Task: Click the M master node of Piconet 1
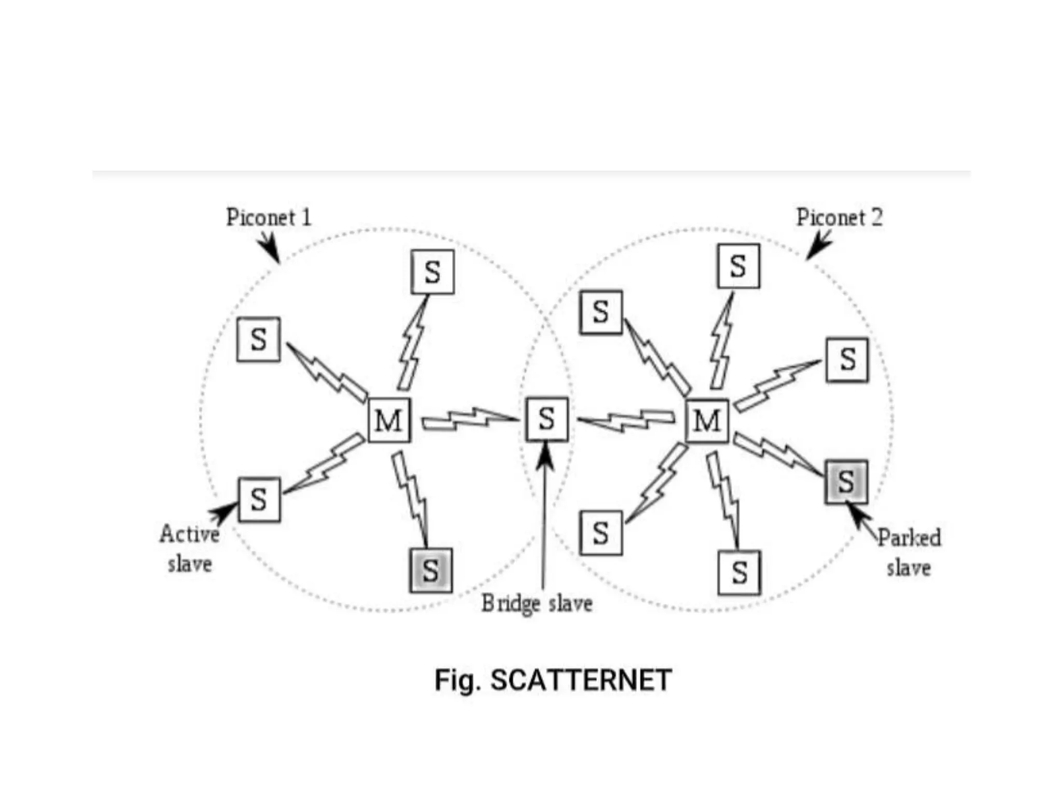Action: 389,420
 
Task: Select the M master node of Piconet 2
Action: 707,420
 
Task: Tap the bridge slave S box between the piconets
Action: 547,419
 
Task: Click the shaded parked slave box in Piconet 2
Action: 846,482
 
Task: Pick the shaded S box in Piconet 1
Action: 430,570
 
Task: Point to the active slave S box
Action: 259,499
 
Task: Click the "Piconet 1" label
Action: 269,217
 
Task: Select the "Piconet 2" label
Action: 839,217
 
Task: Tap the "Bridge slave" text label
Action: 537,603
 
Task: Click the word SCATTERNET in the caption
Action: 581,680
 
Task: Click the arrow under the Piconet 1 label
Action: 271,248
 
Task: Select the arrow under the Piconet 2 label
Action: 818,245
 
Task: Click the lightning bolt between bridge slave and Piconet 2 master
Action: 626,420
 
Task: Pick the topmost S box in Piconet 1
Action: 432,272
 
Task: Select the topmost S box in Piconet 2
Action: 738,266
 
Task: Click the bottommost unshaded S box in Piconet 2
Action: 739,572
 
